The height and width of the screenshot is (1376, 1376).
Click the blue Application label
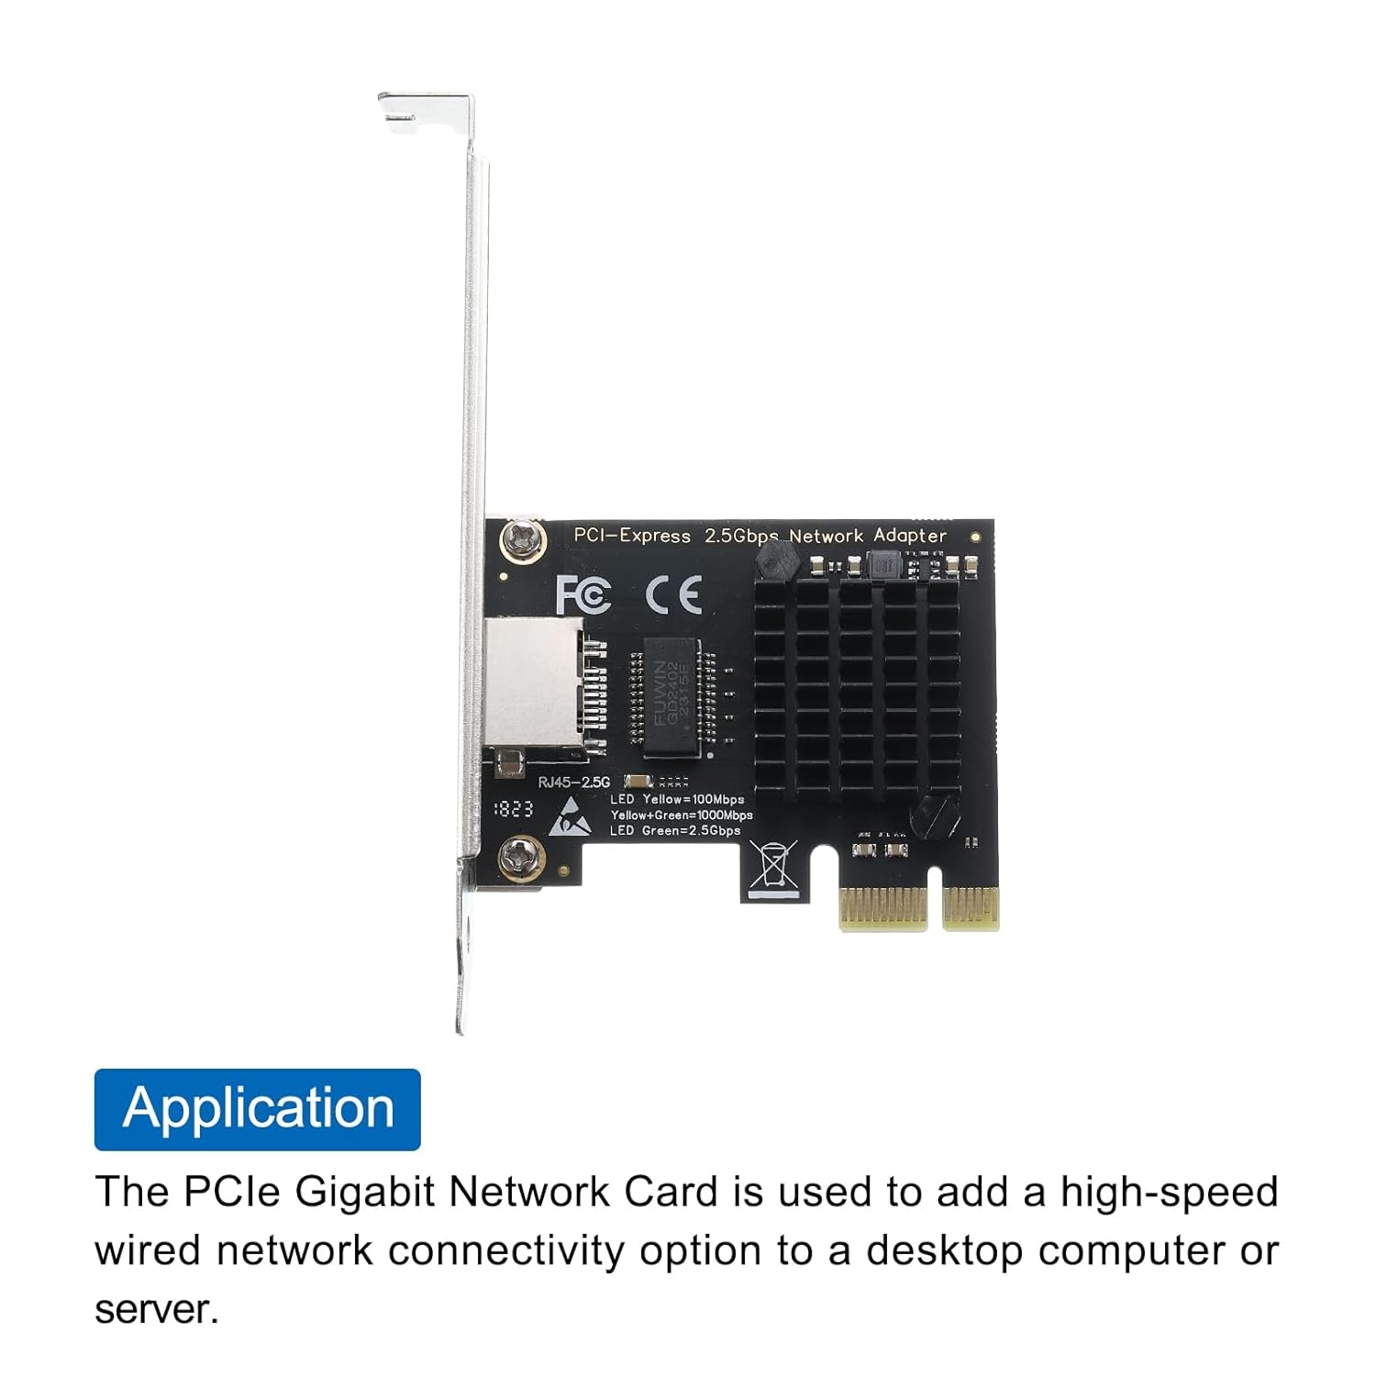pos(257,1109)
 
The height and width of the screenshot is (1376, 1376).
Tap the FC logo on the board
pos(583,594)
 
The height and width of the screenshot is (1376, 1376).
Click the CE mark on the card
pos(673,594)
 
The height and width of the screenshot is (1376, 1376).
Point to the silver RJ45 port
pos(532,682)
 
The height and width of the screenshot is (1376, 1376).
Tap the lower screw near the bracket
pos(519,859)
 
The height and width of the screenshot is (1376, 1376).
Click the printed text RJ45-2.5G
pos(573,782)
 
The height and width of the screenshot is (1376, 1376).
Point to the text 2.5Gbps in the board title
pos(741,536)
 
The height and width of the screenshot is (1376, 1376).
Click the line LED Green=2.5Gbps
pos(674,831)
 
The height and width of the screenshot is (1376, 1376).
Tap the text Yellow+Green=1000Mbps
pos(682,815)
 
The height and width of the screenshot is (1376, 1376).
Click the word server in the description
pos(157,1310)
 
